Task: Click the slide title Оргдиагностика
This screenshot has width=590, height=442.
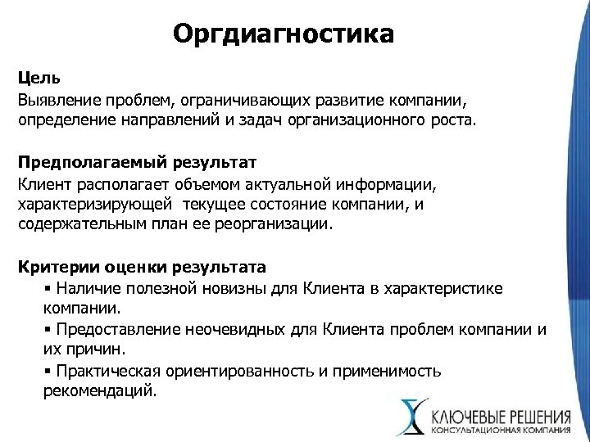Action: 284,35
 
